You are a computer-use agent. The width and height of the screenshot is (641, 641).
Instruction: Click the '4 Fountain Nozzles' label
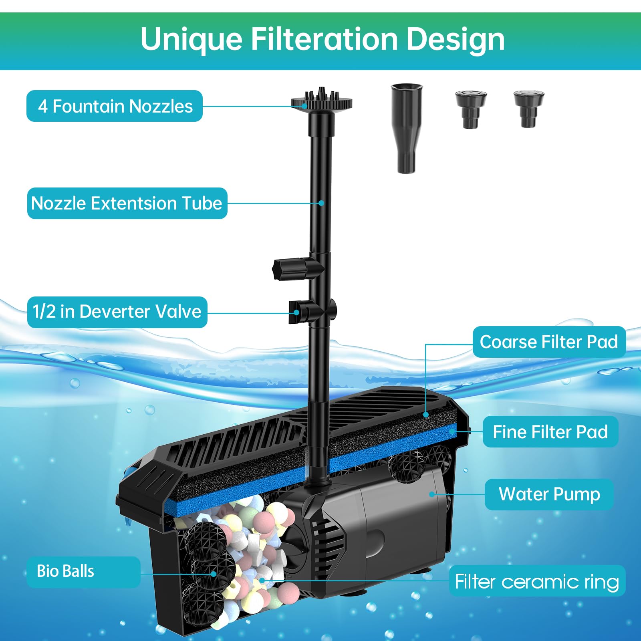pyautogui.click(x=115, y=106)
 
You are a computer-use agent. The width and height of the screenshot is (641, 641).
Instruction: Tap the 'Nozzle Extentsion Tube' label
pyautogui.click(x=127, y=203)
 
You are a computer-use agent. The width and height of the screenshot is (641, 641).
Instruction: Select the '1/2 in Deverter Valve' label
pyautogui.click(x=117, y=312)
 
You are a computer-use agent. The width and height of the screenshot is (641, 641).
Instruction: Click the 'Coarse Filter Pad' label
pyautogui.click(x=549, y=342)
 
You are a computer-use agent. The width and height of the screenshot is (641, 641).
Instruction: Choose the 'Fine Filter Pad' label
pyautogui.click(x=550, y=432)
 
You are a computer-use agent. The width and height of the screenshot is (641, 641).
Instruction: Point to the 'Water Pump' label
pyautogui.click(x=549, y=494)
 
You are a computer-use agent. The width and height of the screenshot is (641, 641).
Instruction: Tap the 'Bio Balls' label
pyautogui.click(x=83, y=572)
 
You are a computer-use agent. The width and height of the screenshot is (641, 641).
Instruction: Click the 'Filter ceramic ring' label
pyautogui.click(x=537, y=581)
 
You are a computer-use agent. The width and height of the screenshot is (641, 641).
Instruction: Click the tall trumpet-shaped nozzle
pyautogui.click(x=407, y=128)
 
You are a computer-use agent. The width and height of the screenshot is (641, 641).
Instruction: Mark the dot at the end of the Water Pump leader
pyautogui.click(x=431, y=494)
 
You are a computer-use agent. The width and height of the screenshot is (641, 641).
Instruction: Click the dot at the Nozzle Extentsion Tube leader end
pyautogui.click(x=321, y=203)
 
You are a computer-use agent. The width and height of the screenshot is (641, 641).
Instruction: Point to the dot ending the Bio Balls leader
pyautogui.click(x=214, y=574)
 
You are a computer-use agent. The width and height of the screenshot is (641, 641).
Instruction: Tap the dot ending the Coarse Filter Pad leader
pyautogui.click(x=426, y=415)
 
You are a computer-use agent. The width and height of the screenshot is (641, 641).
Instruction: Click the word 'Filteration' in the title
pyautogui.click(x=324, y=39)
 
